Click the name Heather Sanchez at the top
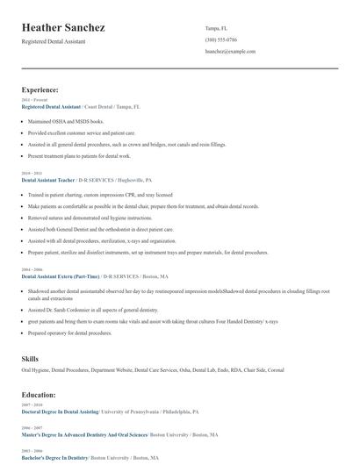[63, 28]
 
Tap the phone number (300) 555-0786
[221, 39]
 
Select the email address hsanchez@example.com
[230, 51]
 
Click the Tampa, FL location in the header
[216, 28]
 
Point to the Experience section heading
[40, 89]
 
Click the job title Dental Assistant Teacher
[53, 179]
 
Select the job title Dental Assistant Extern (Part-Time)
[60, 275]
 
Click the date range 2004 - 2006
[32, 268]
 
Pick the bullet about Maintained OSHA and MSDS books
[66, 121]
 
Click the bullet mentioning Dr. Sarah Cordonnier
[83, 310]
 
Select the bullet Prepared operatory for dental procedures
[72, 333]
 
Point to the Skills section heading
[30, 359]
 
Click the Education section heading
[40, 395]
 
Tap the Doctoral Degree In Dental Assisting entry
[61, 411]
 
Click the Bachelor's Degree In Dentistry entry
[54, 457]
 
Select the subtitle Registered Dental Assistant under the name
[54, 42]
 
